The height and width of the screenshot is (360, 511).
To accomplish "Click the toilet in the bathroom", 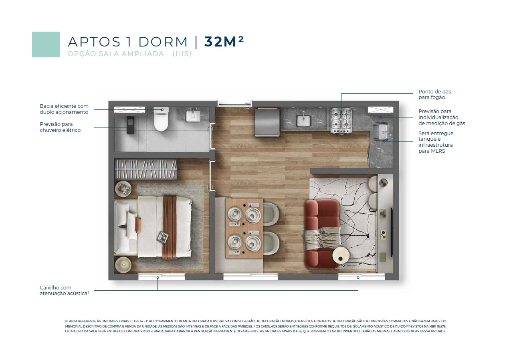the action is [x=161, y=119].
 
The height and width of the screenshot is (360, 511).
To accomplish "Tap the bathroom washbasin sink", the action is [x=193, y=116].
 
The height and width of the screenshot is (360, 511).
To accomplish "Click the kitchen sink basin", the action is [x=303, y=120].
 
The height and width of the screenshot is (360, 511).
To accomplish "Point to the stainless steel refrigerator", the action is [x=267, y=123].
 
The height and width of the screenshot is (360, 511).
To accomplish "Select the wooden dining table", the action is [x=244, y=229].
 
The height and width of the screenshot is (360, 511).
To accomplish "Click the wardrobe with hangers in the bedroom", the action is [x=146, y=170].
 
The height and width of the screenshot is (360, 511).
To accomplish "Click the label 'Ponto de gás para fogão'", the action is [x=434, y=95].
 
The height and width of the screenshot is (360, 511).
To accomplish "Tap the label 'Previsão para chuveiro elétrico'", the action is [x=60, y=127].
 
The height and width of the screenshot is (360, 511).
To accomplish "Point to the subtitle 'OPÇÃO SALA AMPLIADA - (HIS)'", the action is [x=129, y=54].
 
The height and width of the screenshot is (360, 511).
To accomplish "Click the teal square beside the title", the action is [x=46, y=44].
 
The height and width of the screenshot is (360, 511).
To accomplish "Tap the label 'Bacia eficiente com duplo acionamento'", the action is [x=64, y=109].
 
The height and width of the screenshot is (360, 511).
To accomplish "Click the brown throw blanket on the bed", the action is [x=170, y=227].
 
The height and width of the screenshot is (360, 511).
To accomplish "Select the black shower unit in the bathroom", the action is [x=131, y=125].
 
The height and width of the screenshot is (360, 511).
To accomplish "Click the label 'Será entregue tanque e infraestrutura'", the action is [x=436, y=142].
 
